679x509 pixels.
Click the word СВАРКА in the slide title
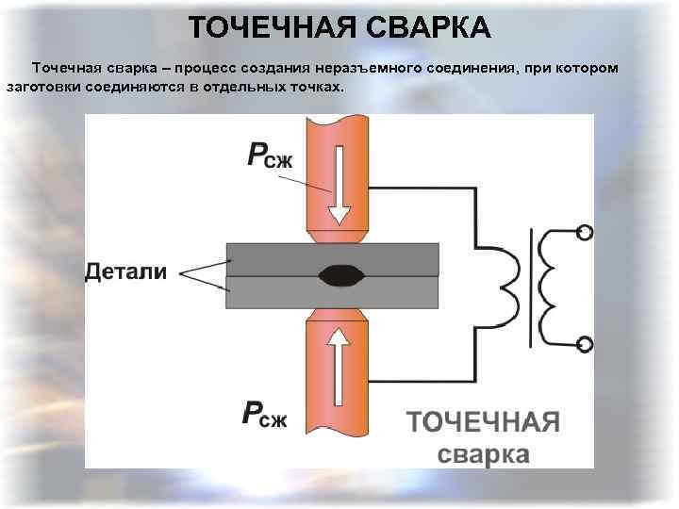click(x=421, y=27)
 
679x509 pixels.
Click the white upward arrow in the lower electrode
click(x=337, y=363)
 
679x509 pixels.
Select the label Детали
click(x=126, y=272)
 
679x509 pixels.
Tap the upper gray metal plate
click(x=283, y=257)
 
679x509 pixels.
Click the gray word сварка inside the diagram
click(x=484, y=453)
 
